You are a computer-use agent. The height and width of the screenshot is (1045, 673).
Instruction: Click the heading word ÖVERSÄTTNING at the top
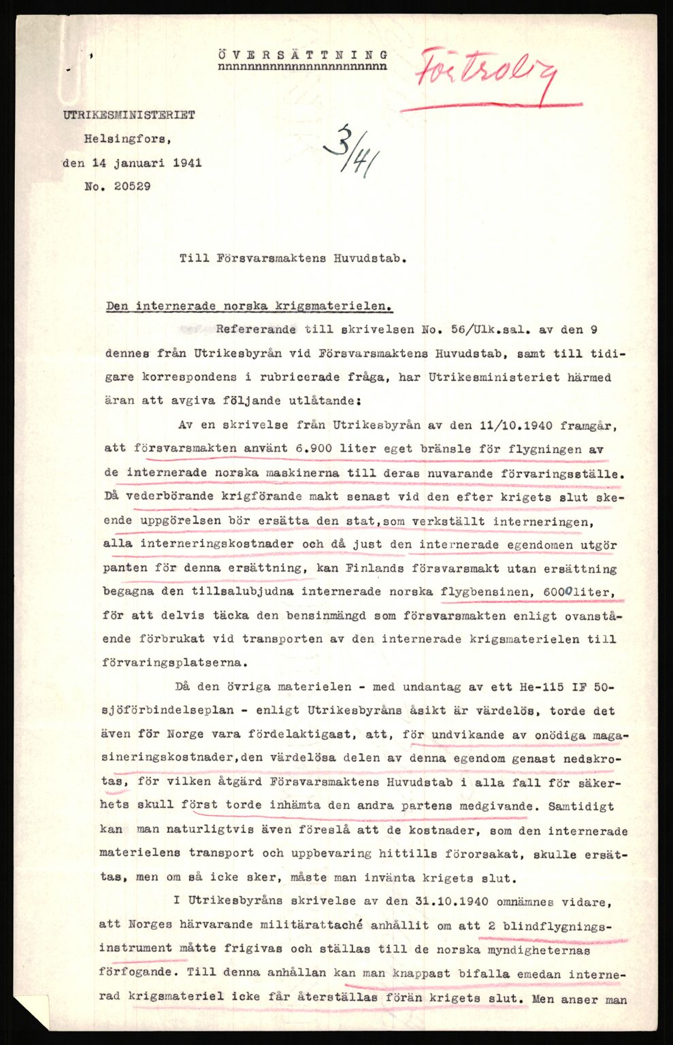click(x=303, y=55)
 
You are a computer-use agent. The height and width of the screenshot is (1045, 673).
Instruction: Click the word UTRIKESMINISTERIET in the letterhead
click(x=129, y=116)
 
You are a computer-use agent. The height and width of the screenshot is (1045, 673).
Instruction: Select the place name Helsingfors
click(x=128, y=139)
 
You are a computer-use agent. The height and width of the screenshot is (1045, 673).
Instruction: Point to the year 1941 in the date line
click(x=186, y=163)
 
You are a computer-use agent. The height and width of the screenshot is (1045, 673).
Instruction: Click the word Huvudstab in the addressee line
click(x=364, y=259)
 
